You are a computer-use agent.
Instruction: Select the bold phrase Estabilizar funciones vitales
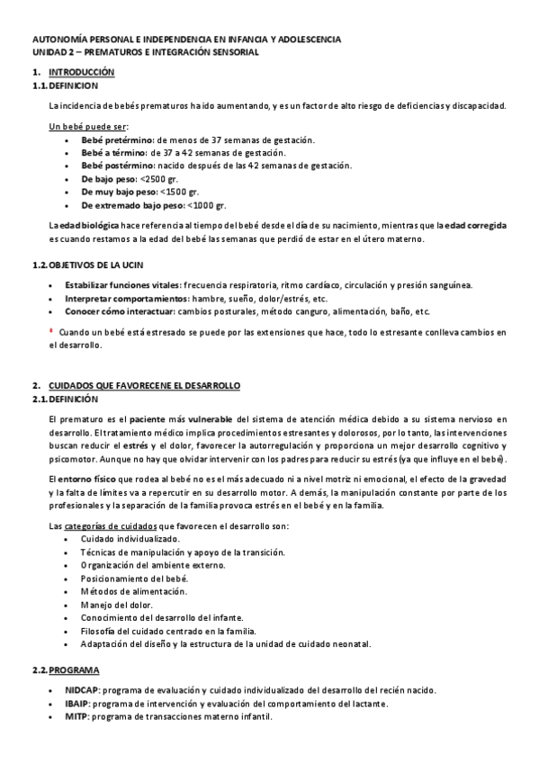click(x=121, y=285)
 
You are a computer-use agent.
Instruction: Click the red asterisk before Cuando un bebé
click(x=51, y=330)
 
